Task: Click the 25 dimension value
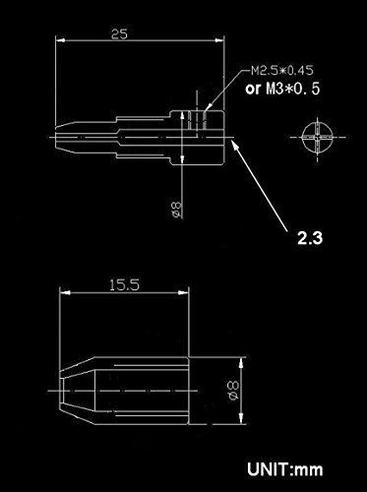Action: (119, 34)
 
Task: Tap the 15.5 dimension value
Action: (124, 284)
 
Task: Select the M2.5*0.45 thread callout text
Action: (282, 71)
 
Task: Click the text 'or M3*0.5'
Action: (282, 89)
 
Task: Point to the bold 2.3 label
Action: (310, 237)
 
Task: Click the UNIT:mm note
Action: (285, 469)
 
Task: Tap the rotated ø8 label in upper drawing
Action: (176, 210)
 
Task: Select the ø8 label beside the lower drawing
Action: (233, 391)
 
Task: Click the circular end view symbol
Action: (317, 138)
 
